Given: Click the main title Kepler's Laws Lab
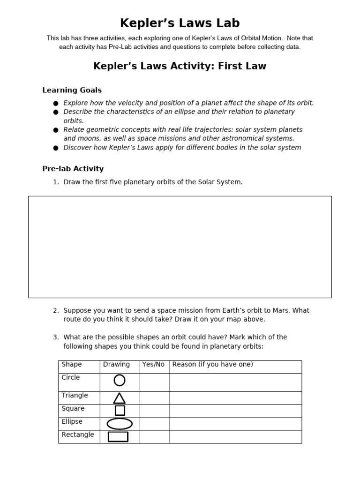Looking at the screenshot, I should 180,23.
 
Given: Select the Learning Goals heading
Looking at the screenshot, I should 72,90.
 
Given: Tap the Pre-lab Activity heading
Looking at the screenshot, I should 73,168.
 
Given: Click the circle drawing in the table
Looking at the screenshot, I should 120,380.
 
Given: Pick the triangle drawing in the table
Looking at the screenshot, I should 120,398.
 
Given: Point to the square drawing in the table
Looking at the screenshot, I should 120,411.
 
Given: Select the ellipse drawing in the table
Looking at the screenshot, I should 120,424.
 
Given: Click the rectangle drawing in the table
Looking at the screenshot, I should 118,436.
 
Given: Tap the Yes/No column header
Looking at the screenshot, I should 153,364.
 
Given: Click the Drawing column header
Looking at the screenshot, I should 116,364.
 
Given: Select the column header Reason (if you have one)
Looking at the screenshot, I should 212,364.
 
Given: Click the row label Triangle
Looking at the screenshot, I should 75,395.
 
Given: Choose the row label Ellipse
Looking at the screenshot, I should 72,421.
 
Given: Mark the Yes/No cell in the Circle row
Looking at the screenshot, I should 154,382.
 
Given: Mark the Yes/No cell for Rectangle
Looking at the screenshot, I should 154,437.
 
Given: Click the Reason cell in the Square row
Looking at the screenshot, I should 235,411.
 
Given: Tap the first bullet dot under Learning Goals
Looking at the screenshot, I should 56,103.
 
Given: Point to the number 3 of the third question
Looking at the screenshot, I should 55,337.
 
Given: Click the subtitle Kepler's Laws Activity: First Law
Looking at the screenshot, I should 180,66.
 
